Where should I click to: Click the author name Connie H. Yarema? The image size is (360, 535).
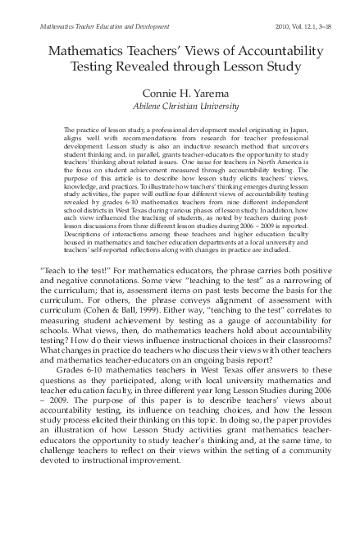(x=180, y=94)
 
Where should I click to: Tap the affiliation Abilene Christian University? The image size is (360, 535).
(x=180, y=107)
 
